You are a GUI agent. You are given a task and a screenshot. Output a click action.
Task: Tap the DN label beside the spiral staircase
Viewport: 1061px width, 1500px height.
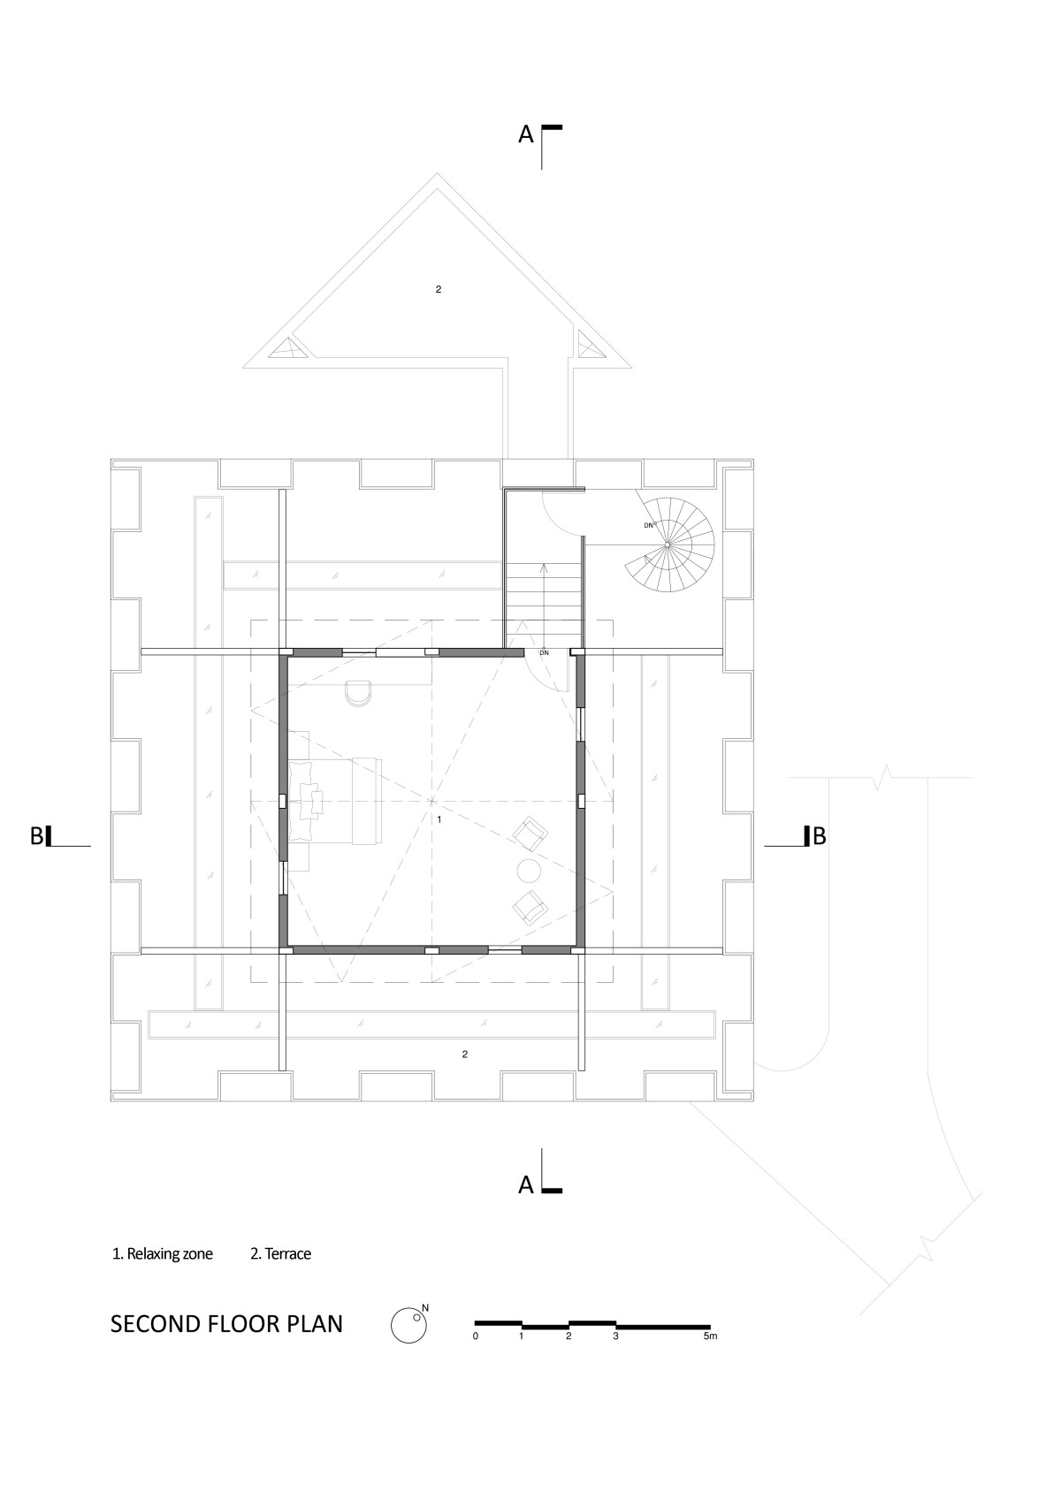click(x=648, y=526)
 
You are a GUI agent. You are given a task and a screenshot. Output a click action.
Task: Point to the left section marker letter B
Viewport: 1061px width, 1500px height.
click(x=36, y=836)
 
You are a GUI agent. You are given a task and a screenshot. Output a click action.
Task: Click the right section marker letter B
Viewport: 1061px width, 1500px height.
click(x=819, y=835)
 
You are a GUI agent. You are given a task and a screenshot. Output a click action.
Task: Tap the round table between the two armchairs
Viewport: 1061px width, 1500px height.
click(x=529, y=871)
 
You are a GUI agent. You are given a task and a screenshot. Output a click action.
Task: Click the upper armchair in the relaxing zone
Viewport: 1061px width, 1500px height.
click(x=530, y=834)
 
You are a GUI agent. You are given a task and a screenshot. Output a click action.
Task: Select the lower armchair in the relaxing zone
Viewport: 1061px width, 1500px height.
click(x=530, y=909)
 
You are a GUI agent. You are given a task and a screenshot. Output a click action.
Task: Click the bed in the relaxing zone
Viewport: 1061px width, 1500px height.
click(x=335, y=800)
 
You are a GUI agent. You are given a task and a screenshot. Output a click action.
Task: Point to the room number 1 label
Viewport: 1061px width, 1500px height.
click(x=439, y=819)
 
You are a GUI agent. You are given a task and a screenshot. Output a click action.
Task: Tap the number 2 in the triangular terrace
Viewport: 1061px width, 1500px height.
click(x=439, y=289)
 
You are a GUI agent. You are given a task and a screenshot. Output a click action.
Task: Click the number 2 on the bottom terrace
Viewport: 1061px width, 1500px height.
click(x=465, y=1054)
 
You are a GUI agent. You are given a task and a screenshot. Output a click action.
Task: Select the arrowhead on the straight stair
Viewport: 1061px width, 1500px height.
click(x=543, y=568)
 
